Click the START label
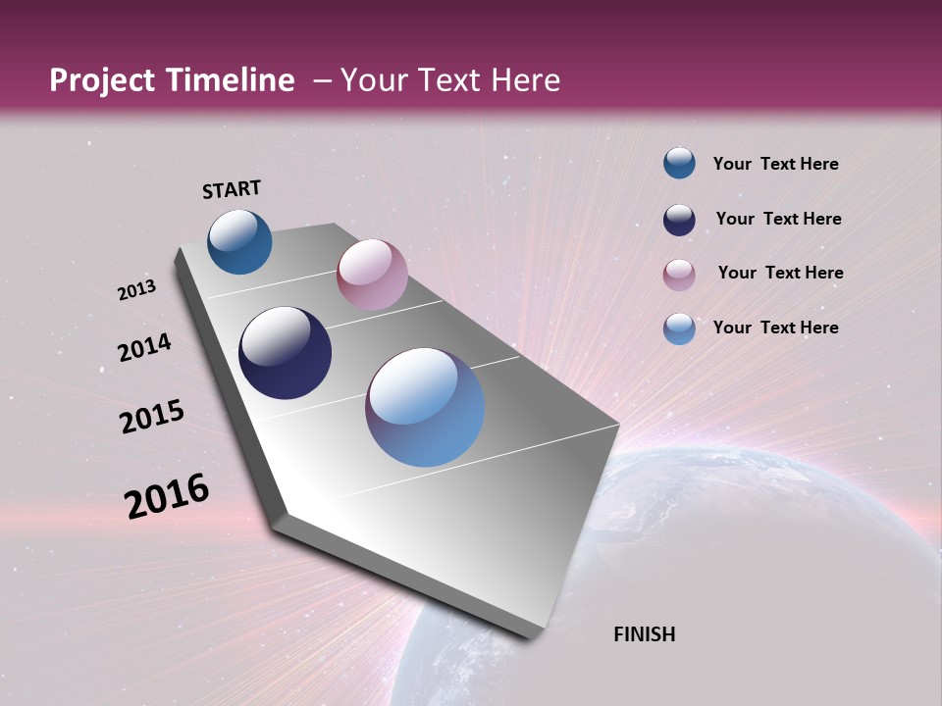[232, 189]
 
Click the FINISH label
[644, 634]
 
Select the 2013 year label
[137, 290]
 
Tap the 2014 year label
[145, 347]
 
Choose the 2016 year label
[167, 496]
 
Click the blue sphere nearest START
[239, 241]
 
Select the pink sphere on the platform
[372, 275]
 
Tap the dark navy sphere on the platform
[285, 353]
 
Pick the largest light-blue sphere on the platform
[425, 407]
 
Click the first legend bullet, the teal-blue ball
[679, 163]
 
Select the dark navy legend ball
[679, 220]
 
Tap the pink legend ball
[679, 275]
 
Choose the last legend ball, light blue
[679, 328]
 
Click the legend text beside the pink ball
[780, 273]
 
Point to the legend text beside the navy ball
[778, 219]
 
